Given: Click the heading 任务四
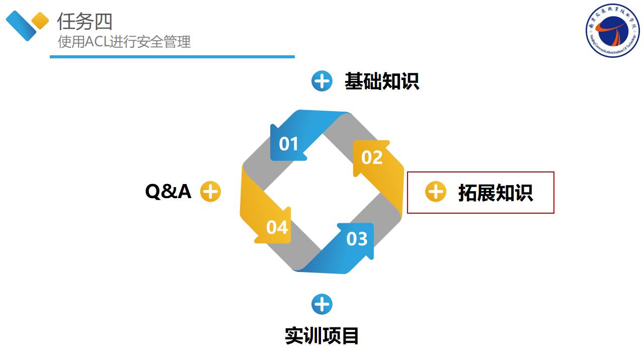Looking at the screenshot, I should (x=85, y=22).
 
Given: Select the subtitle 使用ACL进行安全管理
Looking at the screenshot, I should (x=124, y=42).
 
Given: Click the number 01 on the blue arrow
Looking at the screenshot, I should (x=289, y=144).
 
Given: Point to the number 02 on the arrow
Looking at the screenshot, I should (x=372, y=158).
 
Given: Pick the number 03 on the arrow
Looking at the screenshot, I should (x=357, y=239).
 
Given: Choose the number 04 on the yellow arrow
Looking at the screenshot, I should (x=277, y=228).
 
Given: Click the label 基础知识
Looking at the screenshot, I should (x=381, y=81).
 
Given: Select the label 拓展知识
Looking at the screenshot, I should (x=495, y=193).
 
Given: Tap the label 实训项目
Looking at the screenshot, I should (x=322, y=336).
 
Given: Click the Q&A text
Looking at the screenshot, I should (x=168, y=192).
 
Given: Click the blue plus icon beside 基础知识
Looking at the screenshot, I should (x=322, y=81).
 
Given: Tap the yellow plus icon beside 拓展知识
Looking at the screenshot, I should (x=436, y=192).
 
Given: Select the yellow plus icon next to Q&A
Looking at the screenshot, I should (x=210, y=192).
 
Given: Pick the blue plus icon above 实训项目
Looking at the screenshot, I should (x=322, y=304).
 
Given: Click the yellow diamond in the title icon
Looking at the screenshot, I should (x=40, y=21).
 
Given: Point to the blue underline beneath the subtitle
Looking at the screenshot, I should (x=172, y=57).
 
